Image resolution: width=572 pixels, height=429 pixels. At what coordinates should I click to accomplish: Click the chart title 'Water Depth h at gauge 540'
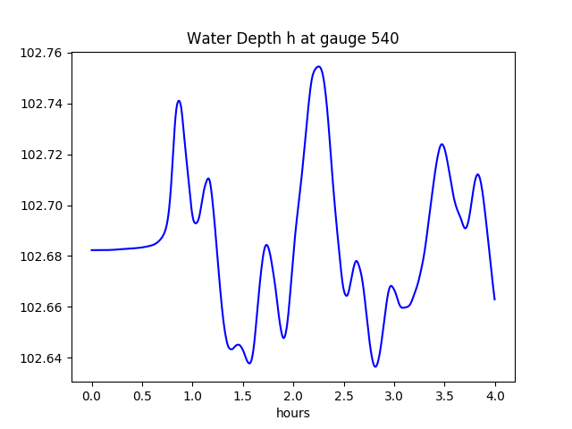(292, 39)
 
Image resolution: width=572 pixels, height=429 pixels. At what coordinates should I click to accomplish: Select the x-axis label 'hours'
(292, 414)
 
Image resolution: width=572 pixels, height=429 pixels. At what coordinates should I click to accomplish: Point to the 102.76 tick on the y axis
(42, 54)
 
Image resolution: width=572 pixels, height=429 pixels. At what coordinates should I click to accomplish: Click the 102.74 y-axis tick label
(42, 105)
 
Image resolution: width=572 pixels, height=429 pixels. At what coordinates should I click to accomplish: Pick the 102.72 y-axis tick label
(42, 156)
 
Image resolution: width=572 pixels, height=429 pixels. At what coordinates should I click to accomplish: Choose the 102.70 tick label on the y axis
(42, 206)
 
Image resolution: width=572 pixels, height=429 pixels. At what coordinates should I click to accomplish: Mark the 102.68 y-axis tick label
(42, 257)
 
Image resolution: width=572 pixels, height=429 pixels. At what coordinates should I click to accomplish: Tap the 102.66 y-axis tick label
(42, 308)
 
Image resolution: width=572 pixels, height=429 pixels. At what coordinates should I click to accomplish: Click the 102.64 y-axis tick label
(42, 359)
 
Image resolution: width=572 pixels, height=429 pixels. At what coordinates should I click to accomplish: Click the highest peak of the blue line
(318, 66)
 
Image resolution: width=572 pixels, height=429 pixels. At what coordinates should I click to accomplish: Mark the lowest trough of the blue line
(375, 366)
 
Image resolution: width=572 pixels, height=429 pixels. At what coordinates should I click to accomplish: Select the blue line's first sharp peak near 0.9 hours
(179, 101)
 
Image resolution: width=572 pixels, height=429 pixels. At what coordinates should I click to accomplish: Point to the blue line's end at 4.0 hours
(494, 299)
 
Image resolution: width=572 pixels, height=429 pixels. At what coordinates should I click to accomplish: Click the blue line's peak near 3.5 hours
(442, 144)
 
